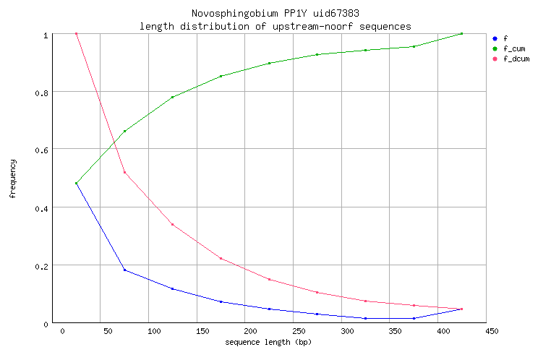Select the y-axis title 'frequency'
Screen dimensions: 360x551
12,179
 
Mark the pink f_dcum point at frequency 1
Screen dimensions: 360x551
76,34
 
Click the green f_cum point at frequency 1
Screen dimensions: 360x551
461,34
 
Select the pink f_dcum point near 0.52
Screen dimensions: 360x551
124,172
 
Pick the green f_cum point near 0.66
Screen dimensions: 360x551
124,131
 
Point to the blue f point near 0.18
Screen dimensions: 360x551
124,270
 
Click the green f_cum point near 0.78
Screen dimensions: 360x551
172,97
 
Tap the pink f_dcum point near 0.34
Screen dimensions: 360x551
172,224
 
